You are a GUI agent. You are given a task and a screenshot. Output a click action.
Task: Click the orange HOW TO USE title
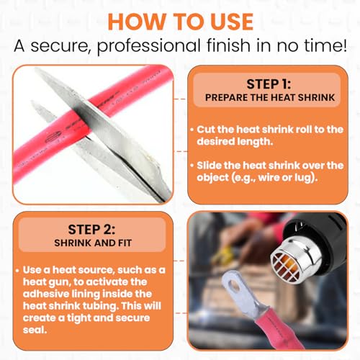point(181,22)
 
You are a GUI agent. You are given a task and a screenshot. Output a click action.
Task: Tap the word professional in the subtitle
point(149,46)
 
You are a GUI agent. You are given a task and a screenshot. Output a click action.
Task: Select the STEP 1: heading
point(269,84)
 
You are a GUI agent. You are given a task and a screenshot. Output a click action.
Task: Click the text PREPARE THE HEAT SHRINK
point(270,97)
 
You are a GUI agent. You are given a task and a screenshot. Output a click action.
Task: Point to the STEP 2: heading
point(91,230)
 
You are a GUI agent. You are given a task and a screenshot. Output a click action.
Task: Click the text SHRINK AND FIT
point(93,243)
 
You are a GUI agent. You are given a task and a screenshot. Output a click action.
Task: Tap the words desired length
point(235,141)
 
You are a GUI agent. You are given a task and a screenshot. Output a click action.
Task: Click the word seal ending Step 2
point(35,330)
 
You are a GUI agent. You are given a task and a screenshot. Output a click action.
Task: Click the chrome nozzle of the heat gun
point(297,258)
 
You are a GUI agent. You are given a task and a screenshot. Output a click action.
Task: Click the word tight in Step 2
point(78,318)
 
